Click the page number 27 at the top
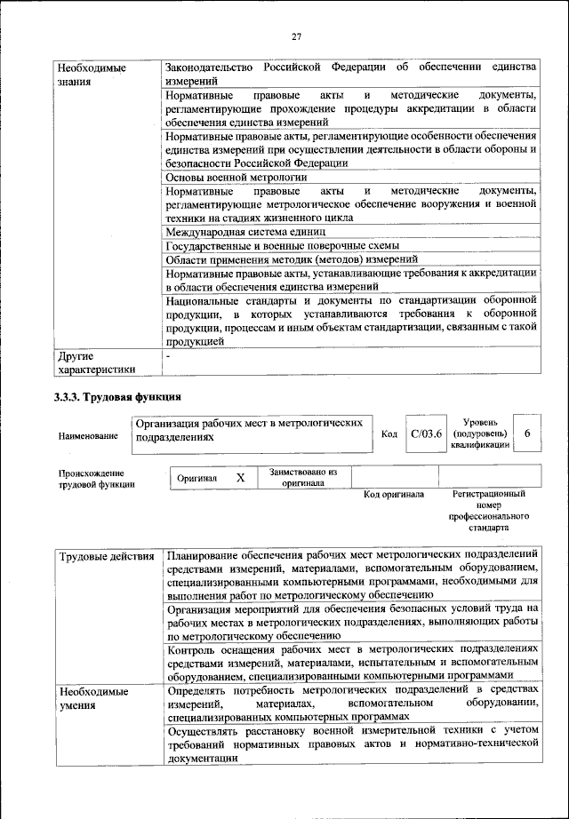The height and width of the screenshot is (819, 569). (295, 36)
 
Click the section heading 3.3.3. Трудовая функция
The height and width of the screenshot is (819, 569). (118, 396)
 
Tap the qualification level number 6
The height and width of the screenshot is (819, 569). (527, 433)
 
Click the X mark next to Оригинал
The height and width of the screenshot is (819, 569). (240, 478)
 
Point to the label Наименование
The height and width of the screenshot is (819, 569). (88, 436)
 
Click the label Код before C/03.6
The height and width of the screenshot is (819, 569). (389, 433)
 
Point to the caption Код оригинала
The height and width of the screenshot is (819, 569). (394, 494)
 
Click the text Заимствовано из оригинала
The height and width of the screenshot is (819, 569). (303, 478)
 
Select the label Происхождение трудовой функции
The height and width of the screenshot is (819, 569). (92, 479)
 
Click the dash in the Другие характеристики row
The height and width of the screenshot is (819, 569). (168, 355)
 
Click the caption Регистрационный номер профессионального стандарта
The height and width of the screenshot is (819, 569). (488, 510)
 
